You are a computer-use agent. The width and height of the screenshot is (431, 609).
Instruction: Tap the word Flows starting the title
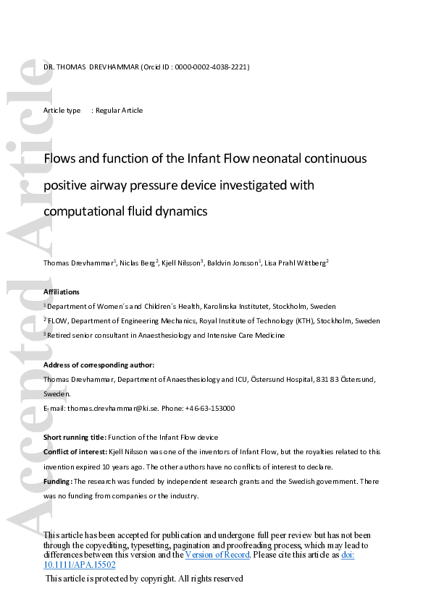[x=59, y=158]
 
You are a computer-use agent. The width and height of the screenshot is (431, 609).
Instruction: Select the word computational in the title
[x=81, y=212]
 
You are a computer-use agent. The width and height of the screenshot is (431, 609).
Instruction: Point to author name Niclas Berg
[x=139, y=263]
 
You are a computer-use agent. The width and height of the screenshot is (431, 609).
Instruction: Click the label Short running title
[x=75, y=438]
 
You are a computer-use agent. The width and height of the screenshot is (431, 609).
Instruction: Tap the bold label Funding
[x=57, y=481]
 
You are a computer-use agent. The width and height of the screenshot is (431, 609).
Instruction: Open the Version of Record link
[x=217, y=555]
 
